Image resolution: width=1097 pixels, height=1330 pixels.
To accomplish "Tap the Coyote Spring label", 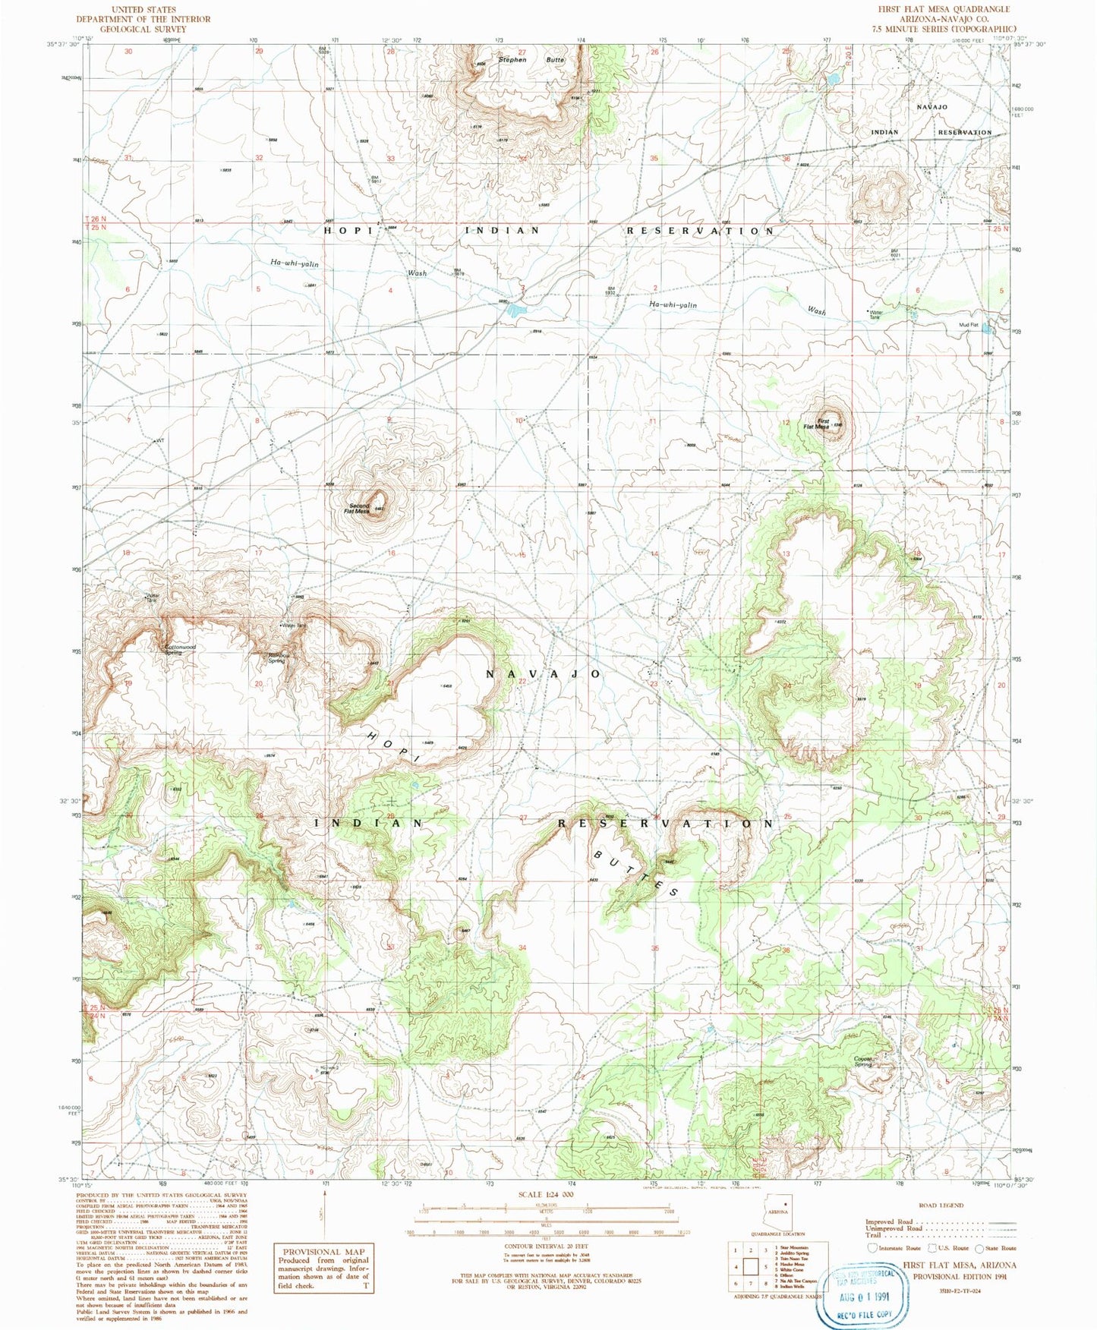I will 863,1061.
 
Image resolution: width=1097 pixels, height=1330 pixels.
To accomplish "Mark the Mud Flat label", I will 969,324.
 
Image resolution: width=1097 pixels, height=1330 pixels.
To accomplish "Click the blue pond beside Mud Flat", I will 987,329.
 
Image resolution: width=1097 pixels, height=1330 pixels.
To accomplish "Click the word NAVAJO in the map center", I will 543,674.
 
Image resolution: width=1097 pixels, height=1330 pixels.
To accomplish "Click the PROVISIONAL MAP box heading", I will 323,1251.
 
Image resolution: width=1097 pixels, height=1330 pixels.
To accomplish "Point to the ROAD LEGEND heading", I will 941,1205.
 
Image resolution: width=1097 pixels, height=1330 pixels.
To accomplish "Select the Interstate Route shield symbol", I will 873,1248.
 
